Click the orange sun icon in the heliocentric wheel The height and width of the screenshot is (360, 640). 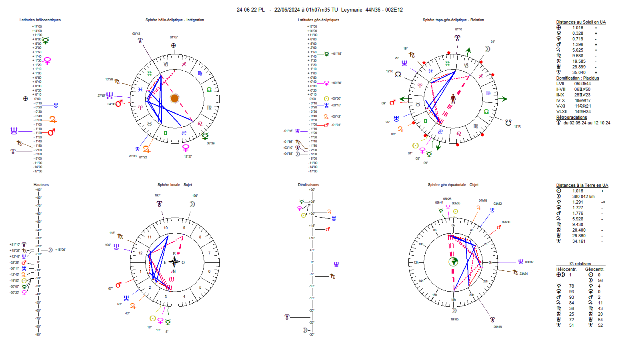point(174,98)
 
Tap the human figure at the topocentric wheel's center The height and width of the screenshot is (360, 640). point(453,98)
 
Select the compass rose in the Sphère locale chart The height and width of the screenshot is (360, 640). point(174,262)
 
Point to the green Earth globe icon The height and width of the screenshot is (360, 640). point(453,262)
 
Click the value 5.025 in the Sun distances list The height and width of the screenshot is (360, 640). point(577,50)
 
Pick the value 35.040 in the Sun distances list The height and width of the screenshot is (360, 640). point(578,72)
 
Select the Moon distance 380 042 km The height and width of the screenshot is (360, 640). point(583,196)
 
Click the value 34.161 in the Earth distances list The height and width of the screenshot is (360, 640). point(578,241)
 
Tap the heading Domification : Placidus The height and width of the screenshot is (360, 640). point(577,78)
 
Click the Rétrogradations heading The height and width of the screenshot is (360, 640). point(571,117)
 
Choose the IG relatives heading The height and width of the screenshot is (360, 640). point(580,264)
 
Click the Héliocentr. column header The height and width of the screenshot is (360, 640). point(566,269)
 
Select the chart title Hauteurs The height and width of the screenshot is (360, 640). point(41,185)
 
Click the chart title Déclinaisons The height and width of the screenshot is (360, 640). point(308,185)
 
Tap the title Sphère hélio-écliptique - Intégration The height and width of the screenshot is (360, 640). point(174,20)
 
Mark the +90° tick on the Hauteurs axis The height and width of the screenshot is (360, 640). point(38,190)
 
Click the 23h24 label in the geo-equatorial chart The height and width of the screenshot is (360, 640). point(523,274)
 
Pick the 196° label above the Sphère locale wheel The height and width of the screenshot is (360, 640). point(195,196)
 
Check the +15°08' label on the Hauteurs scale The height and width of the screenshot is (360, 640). point(60,250)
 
